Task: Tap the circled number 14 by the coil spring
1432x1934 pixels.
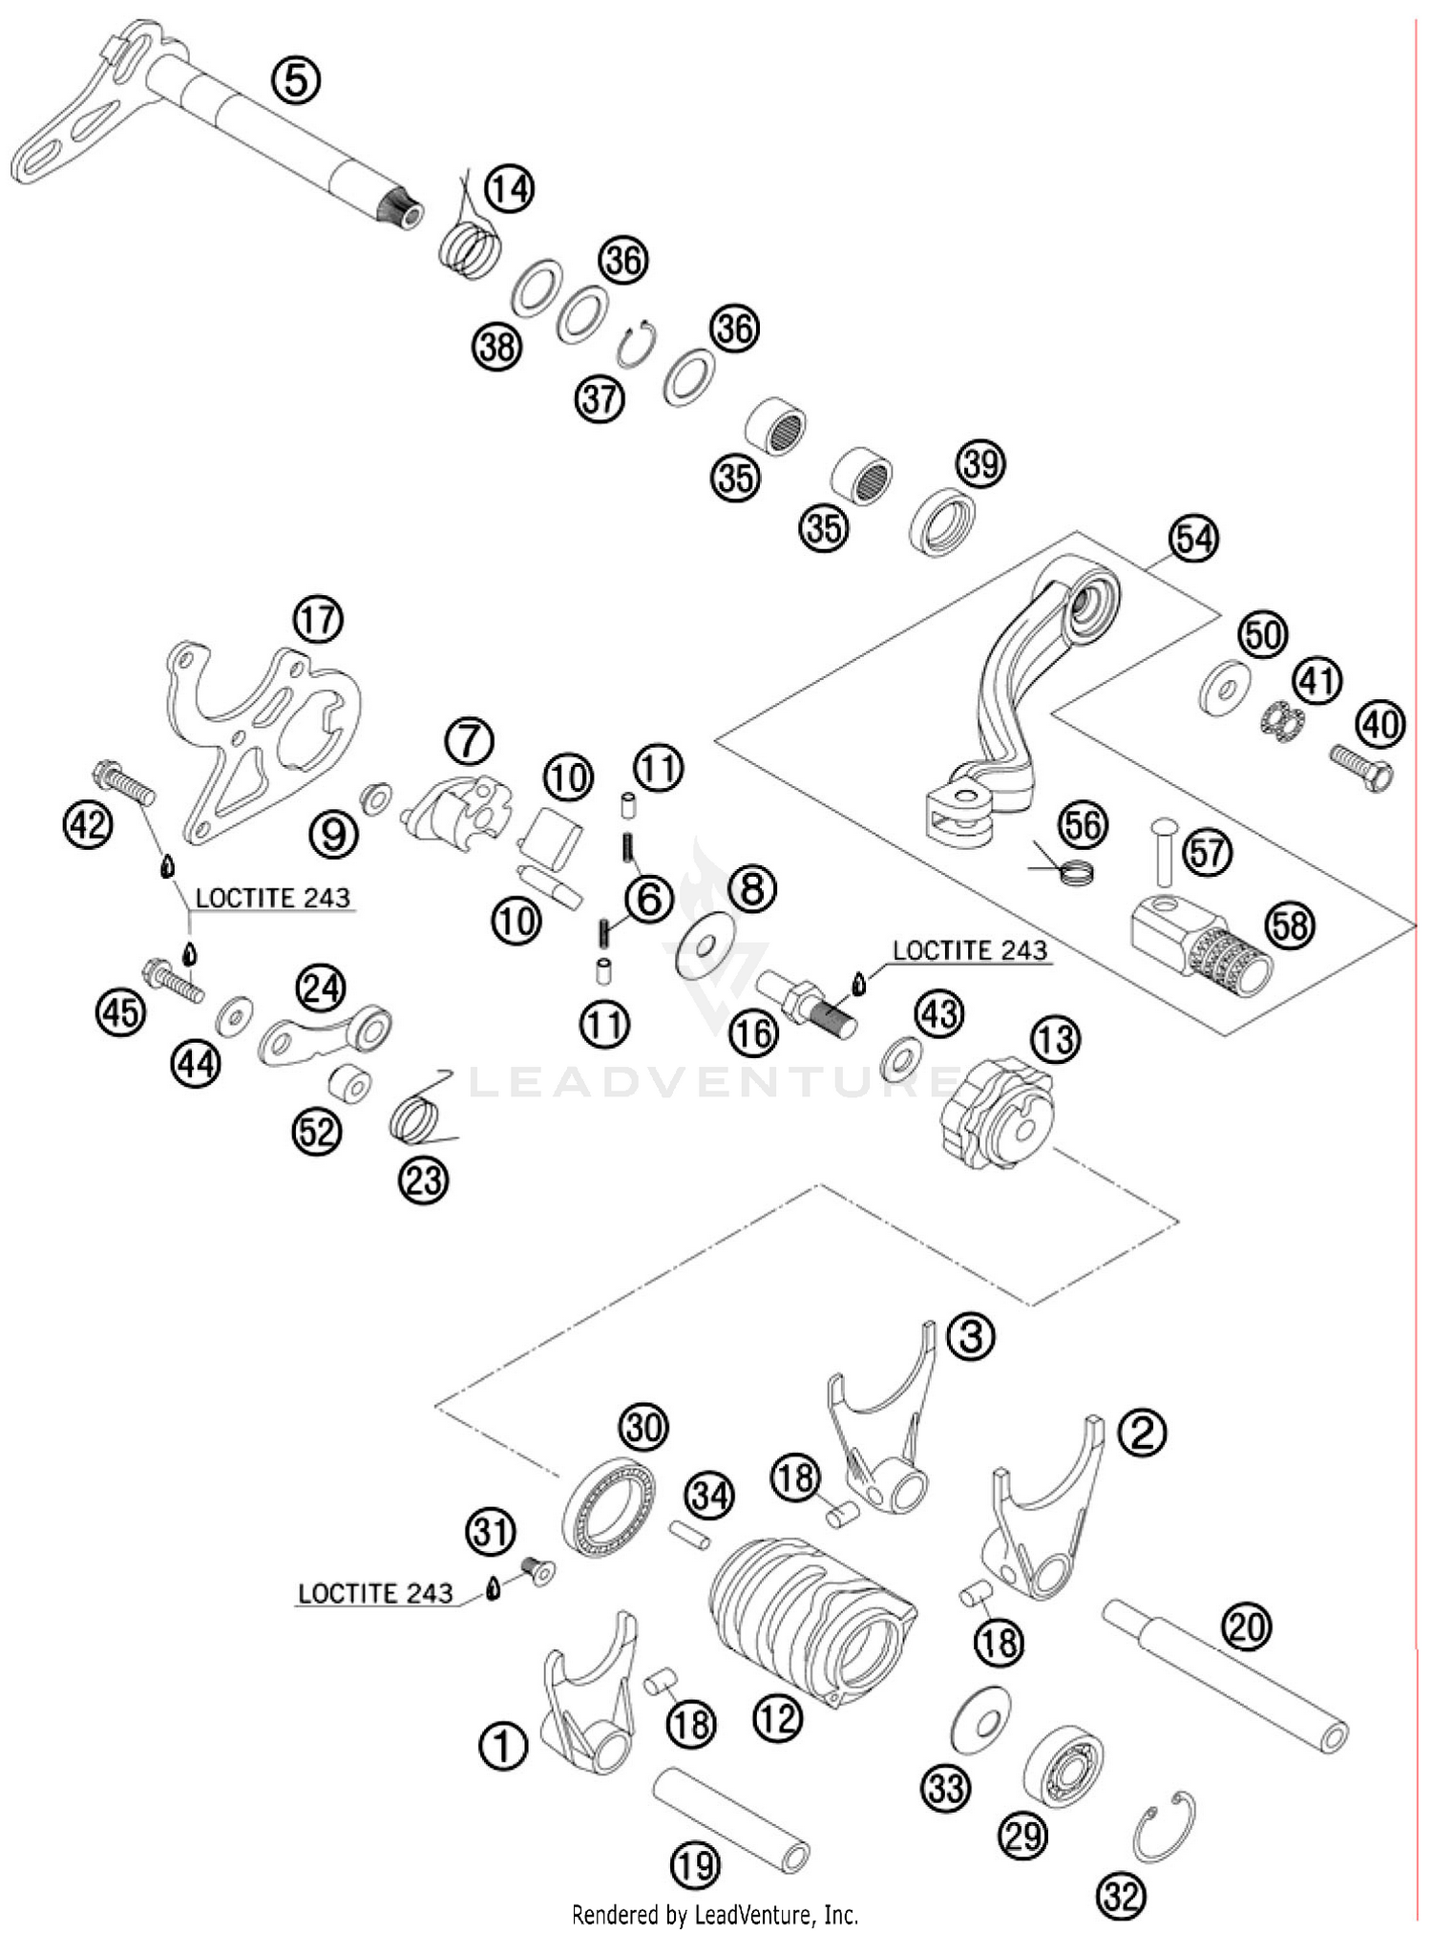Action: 509,189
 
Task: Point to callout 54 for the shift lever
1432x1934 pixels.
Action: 1194,540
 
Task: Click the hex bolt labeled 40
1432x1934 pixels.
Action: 1362,765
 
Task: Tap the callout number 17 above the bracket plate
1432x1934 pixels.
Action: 318,620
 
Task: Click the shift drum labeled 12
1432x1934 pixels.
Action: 811,1617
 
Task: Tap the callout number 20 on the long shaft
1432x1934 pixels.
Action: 1246,1626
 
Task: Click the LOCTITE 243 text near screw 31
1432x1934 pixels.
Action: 375,1594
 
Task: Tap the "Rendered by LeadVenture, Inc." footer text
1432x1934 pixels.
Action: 714,1914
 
